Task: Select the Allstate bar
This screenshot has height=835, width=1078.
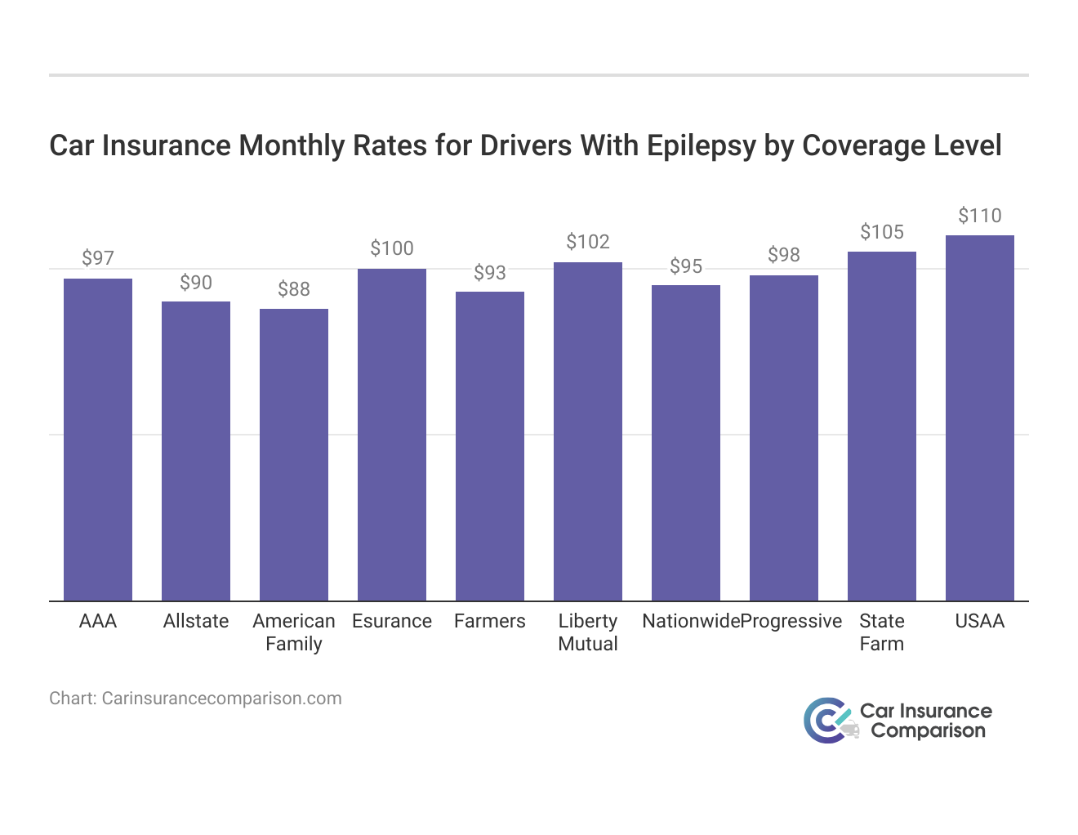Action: (x=196, y=451)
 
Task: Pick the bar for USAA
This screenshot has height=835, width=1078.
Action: (x=980, y=418)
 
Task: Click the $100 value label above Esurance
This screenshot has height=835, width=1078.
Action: (x=392, y=248)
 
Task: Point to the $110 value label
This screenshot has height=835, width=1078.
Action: (x=980, y=216)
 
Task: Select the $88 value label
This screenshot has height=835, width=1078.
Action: (x=294, y=289)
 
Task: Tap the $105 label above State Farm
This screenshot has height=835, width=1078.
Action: (x=882, y=232)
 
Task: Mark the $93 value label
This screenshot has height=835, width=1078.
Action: (x=490, y=273)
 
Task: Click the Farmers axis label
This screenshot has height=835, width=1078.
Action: (x=490, y=621)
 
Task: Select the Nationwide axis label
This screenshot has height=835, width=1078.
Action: (x=691, y=621)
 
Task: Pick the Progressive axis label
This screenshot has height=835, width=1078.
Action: (x=791, y=621)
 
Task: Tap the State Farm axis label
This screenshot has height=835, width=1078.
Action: (x=882, y=632)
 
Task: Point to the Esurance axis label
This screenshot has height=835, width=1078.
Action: (x=392, y=621)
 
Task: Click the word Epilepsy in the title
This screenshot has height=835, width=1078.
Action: (x=702, y=145)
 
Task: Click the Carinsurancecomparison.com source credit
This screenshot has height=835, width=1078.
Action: (x=195, y=699)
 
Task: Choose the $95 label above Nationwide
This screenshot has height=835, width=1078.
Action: (x=686, y=266)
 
